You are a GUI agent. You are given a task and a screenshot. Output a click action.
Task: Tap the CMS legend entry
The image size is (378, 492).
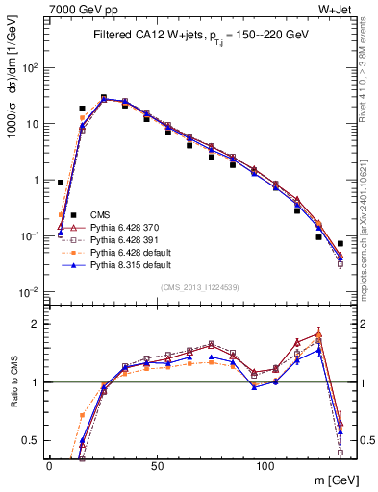pos(100,214)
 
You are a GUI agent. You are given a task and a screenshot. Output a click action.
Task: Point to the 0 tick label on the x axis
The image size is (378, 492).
pos(49,466)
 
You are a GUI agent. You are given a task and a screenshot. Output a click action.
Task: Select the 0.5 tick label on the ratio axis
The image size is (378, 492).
pos(31,440)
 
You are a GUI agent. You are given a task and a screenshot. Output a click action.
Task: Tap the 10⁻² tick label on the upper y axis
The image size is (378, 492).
pos(29,291)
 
